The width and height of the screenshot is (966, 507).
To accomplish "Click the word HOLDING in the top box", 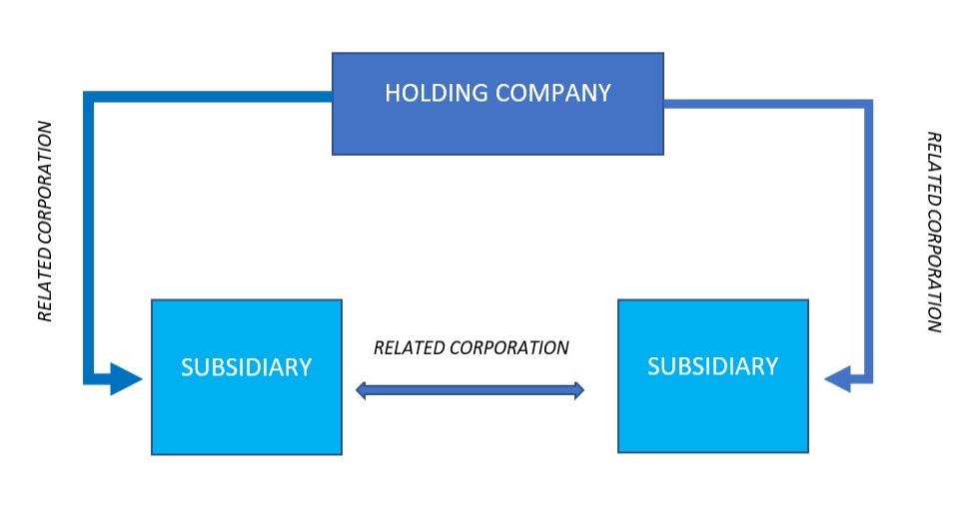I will [x=429, y=94].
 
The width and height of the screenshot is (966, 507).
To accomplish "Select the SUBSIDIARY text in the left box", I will [x=246, y=367].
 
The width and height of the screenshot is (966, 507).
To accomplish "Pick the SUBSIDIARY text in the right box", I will [x=712, y=366].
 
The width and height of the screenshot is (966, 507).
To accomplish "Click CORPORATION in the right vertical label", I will [x=933, y=267].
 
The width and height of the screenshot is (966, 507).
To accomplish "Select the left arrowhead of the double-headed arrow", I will [x=363, y=391].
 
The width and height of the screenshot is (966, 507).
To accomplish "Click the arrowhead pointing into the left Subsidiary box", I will [x=127, y=379].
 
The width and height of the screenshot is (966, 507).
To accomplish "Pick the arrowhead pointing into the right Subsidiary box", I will [x=837, y=379].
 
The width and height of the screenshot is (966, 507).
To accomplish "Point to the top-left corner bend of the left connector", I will [x=89, y=97].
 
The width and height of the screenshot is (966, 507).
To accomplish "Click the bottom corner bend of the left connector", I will [x=89, y=379].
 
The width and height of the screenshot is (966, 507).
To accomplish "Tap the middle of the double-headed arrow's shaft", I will [x=470, y=391].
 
